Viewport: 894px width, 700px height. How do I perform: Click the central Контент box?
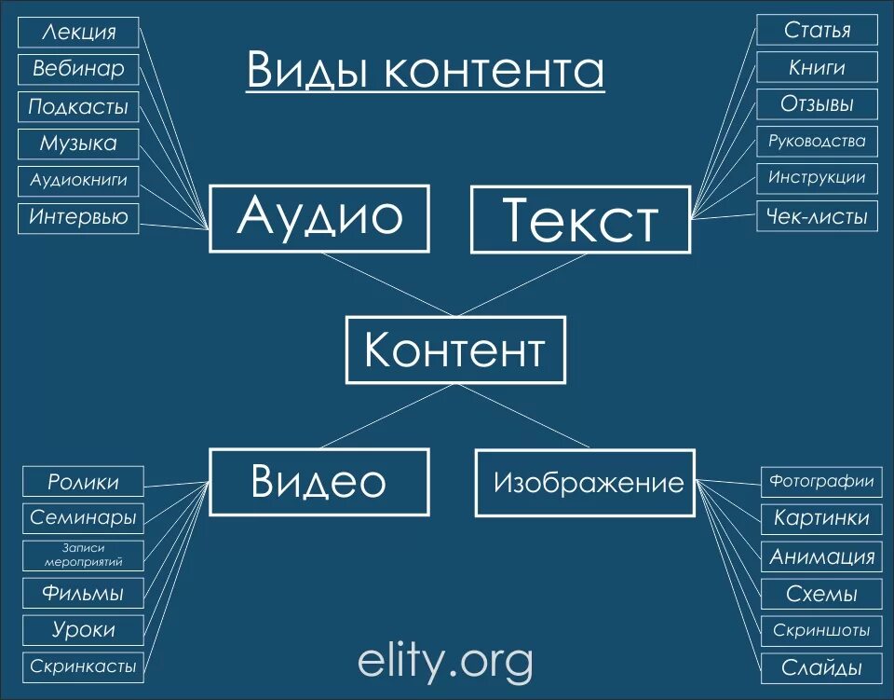click(x=455, y=350)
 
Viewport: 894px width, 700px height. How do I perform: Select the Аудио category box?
click(x=319, y=218)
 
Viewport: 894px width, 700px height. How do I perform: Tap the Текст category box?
click(x=580, y=220)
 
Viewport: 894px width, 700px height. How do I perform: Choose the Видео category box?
click(x=318, y=482)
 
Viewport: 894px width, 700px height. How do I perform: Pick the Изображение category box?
click(x=585, y=483)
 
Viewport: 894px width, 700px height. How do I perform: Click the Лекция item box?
click(x=79, y=32)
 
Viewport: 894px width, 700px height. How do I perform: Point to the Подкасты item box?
click(x=78, y=106)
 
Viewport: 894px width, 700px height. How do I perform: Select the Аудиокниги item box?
click(x=79, y=180)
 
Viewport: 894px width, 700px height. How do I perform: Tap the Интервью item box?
click(x=79, y=218)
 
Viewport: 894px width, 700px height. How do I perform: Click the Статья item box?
click(x=817, y=30)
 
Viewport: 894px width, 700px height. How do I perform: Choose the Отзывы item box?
click(x=817, y=104)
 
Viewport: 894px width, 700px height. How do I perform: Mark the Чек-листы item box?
click(x=817, y=217)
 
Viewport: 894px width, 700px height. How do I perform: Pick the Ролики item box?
click(x=84, y=482)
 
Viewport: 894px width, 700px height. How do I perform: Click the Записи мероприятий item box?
click(x=84, y=556)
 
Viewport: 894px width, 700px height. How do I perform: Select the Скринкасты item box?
click(x=84, y=666)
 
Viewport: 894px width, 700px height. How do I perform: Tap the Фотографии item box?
click(x=820, y=482)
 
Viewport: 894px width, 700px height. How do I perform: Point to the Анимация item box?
click(x=820, y=557)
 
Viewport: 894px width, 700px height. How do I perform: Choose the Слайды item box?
click(x=820, y=668)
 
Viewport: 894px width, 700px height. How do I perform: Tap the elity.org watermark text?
click(x=445, y=662)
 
